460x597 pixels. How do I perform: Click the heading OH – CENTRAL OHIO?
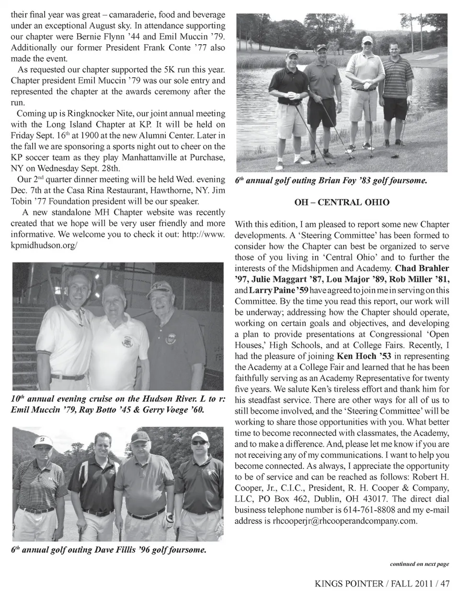[x=342, y=202]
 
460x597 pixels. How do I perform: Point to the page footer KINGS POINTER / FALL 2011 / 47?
[x=382, y=584]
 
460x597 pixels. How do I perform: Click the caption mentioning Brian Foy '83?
[x=331, y=181]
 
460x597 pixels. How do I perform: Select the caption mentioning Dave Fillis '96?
[x=109, y=550]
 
